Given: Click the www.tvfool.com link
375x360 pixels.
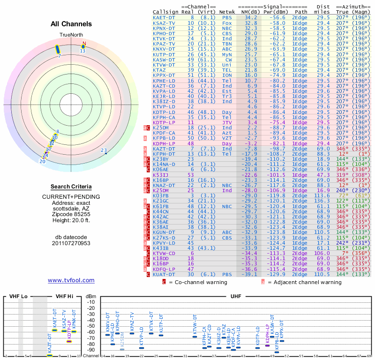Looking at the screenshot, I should [71, 280].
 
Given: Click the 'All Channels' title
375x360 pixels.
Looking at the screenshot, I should [71, 24].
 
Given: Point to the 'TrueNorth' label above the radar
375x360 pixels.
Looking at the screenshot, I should [71, 35].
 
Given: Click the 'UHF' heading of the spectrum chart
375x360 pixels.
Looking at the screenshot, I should [236, 296].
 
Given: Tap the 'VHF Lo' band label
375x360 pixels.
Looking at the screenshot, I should [18, 296].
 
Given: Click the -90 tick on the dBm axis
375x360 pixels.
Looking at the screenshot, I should [90, 350].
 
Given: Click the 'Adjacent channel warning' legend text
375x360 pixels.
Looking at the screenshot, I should [305, 282].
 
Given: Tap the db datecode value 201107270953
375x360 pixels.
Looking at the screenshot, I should [71, 243].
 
